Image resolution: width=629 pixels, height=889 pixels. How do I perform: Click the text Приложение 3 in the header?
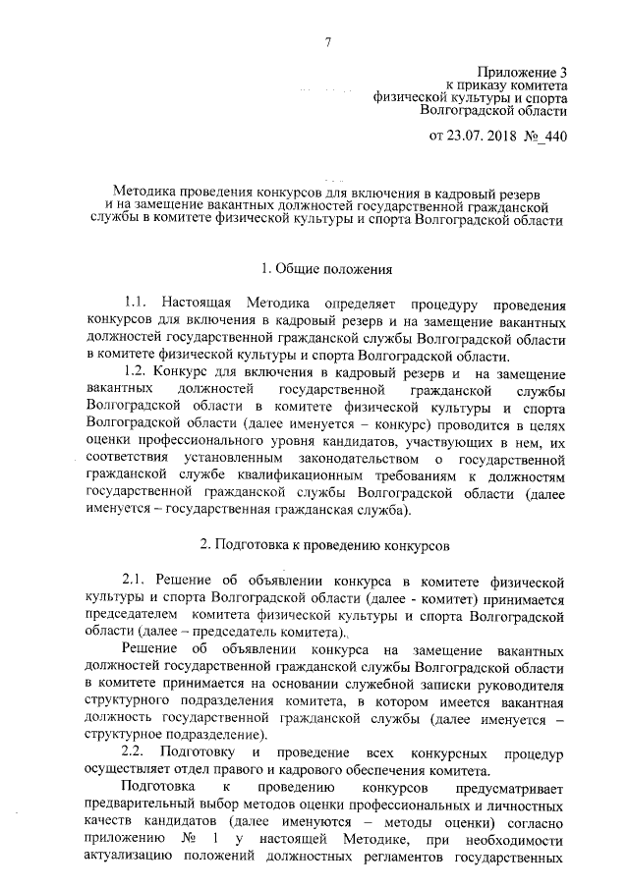(523, 72)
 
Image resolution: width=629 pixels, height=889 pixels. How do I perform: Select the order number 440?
(555, 134)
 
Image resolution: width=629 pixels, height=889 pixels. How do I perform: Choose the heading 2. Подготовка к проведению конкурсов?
(325, 541)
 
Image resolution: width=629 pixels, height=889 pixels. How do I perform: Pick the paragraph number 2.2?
(137, 751)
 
